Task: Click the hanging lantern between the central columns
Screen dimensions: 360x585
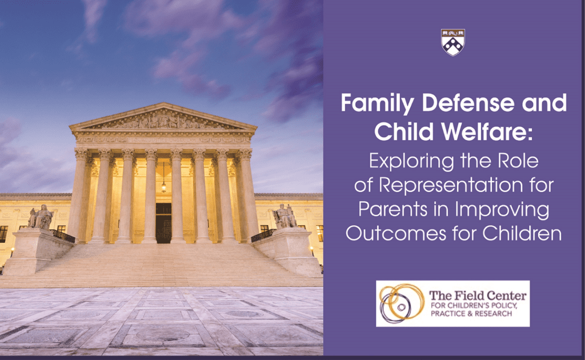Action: pos(163,186)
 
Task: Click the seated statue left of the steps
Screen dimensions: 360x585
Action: pos(41,218)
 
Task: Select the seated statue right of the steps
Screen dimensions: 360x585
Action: pos(284,217)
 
